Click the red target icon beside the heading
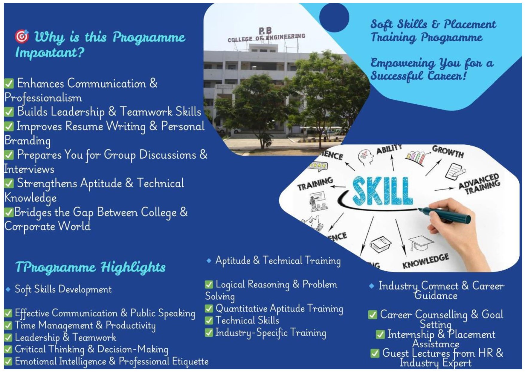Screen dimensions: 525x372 point(22,36)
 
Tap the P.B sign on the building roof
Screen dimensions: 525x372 point(265,31)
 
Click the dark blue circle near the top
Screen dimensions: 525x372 point(334,17)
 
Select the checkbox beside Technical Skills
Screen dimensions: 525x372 point(209,321)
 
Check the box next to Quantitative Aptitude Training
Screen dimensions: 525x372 point(209,309)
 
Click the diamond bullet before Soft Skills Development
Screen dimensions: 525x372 point(8,289)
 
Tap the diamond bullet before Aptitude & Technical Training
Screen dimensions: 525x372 point(209,261)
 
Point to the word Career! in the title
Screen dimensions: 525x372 point(447,75)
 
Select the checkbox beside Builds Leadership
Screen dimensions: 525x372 point(9,112)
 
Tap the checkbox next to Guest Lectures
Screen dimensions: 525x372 point(375,353)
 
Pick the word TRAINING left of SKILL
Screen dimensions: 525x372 point(315,183)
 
